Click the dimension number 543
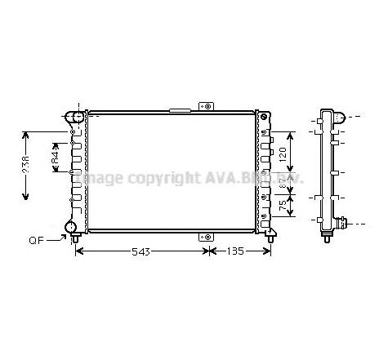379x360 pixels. coord(141,253)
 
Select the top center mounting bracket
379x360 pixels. coord(205,106)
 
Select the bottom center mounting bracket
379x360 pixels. coord(205,236)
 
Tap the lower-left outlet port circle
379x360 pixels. coord(72,226)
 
